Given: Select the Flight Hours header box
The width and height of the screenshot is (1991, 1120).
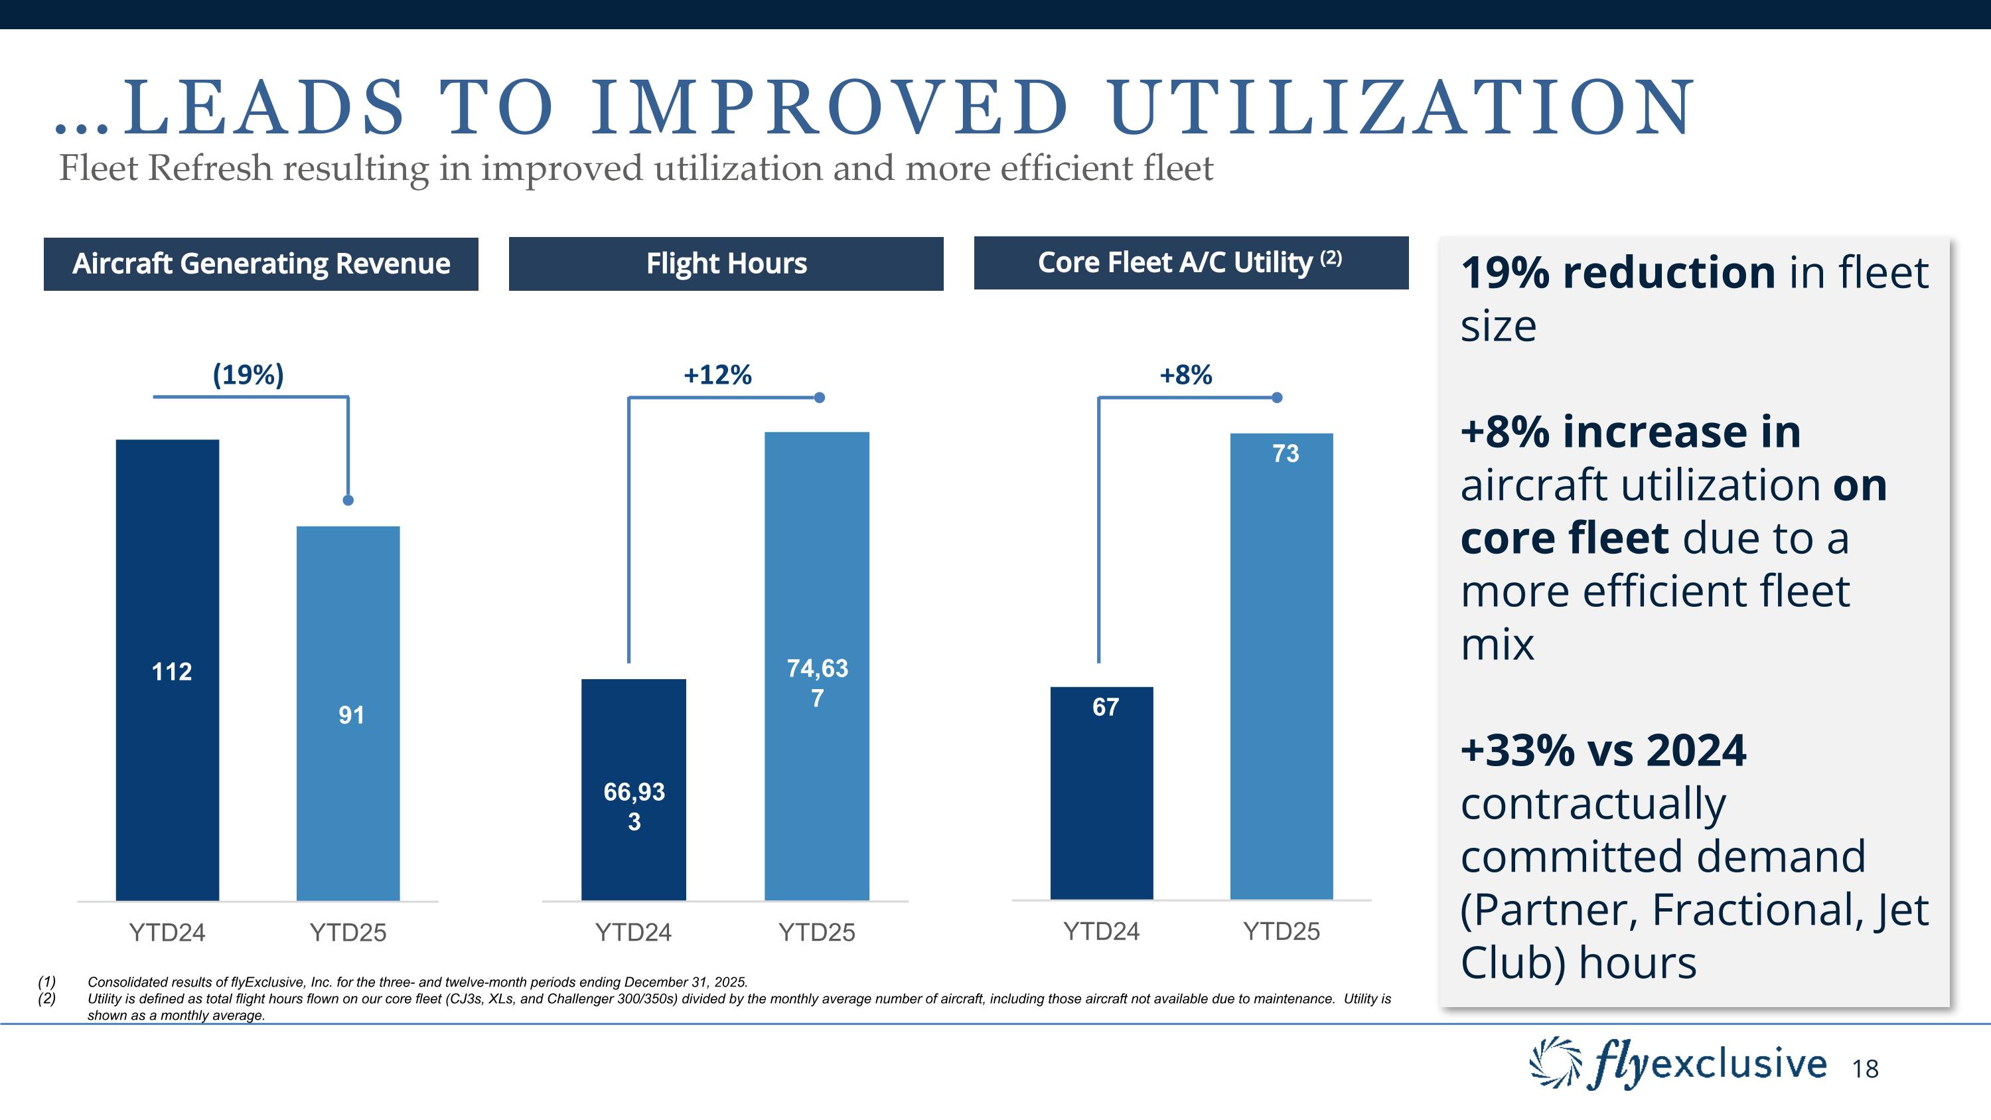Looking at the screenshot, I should click(726, 264).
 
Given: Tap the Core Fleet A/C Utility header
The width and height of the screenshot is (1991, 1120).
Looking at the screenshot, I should click(1190, 263).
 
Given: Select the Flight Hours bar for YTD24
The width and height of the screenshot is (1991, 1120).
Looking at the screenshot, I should click(634, 789).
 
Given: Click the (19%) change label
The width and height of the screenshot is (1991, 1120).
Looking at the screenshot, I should click(248, 375).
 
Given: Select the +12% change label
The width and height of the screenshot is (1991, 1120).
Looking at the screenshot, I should click(717, 376).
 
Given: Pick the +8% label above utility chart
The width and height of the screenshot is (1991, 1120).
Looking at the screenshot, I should click(1185, 376).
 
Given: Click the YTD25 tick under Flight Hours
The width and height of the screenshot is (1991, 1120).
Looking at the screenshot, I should click(816, 932).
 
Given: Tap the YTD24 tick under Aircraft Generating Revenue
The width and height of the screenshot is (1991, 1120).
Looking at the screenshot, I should click(167, 932).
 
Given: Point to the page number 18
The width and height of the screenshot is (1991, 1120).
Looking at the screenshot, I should click(1865, 1069).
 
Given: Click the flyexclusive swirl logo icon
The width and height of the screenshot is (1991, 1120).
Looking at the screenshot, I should click(1556, 1063).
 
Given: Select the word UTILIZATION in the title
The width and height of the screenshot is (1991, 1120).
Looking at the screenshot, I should click(1400, 108).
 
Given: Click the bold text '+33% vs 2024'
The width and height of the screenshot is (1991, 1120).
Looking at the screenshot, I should click(1603, 750).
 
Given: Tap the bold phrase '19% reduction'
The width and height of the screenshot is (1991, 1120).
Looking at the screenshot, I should click(1618, 273).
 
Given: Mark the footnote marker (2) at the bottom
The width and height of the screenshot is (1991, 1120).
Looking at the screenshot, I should click(46, 999).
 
